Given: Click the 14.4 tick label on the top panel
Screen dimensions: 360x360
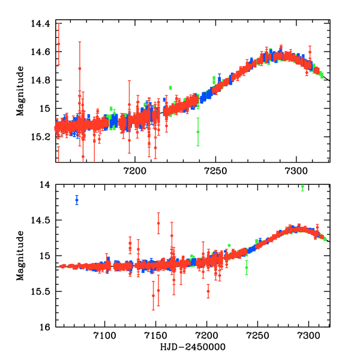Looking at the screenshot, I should point(41,23).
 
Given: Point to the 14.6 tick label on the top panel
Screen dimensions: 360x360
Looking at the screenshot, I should point(41,52).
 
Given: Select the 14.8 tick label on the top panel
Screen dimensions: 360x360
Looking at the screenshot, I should point(41,80).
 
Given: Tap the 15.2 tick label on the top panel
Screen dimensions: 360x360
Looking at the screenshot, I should point(41,137).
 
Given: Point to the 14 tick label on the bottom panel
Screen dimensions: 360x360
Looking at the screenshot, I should point(46,185).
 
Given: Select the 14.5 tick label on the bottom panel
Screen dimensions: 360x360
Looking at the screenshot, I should point(41,221).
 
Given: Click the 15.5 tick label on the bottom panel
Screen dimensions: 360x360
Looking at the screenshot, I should point(41,292).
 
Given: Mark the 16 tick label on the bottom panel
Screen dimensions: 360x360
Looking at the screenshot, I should point(46,328).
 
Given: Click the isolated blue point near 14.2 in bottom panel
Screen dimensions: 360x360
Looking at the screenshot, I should point(77,200).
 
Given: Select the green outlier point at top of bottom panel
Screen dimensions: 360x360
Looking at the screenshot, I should point(302,187).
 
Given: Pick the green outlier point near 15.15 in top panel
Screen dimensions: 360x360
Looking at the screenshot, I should point(198,131).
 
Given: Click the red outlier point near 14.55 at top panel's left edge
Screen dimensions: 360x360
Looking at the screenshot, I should point(58,44).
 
